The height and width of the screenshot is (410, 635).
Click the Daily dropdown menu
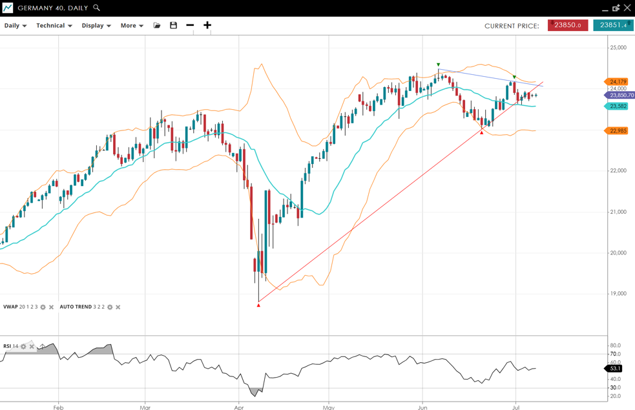(x=16, y=26)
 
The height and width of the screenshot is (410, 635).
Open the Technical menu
(x=54, y=26)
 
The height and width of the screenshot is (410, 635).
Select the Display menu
(x=96, y=26)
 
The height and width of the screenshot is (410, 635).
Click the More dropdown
(x=132, y=26)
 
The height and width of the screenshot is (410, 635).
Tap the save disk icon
(x=173, y=26)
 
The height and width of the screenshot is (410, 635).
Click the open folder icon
(x=156, y=26)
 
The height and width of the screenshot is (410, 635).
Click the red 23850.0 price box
(x=567, y=26)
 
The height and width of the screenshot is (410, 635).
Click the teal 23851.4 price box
(x=613, y=26)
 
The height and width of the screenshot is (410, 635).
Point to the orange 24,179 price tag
(x=618, y=82)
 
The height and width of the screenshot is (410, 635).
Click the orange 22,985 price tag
(x=618, y=131)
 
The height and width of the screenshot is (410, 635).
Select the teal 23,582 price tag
(x=618, y=107)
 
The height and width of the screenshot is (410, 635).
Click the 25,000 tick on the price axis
(x=618, y=48)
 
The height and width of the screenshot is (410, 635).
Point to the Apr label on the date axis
(x=239, y=407)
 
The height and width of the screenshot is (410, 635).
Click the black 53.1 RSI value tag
(x=615, y=369)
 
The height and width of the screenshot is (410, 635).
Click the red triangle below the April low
(x=258, y=305)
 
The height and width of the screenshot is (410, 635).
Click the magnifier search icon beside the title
(x=97, y=8)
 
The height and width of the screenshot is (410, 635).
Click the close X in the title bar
(x=627, y=8)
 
